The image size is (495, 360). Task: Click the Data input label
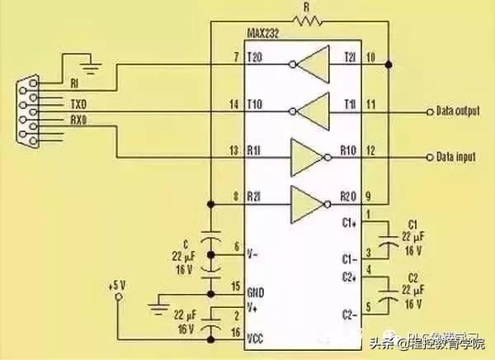coord(456,157)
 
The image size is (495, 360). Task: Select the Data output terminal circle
coord(428,111)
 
